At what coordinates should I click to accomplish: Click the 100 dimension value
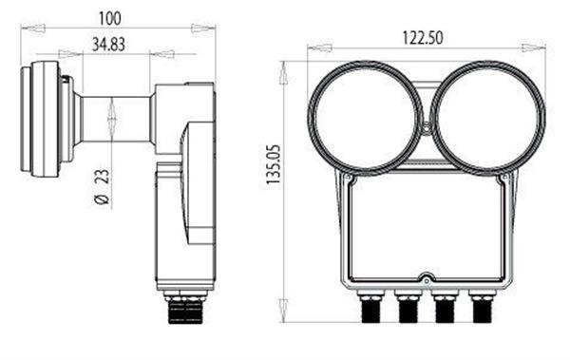[110, 19]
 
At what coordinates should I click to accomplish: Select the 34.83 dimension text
[108, 45]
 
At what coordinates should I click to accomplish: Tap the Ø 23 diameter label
[103, 187]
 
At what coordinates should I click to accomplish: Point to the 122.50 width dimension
[423, 38]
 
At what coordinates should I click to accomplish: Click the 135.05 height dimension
[274, 164]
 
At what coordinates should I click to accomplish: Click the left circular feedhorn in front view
[366, 118]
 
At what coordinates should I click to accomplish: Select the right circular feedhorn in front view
[488, 118]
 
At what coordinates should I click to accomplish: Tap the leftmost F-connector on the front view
[370, 306]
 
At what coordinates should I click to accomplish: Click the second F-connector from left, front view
[408, 306]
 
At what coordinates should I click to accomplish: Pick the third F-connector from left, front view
[445, 306]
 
